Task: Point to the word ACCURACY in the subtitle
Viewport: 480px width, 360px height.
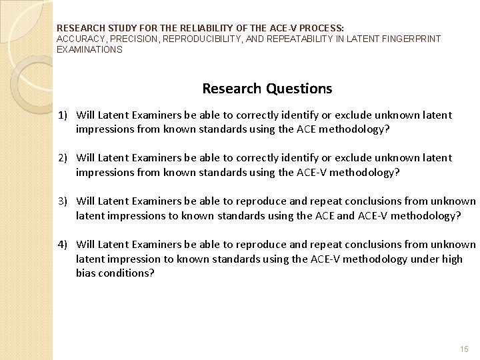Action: pos(80,39)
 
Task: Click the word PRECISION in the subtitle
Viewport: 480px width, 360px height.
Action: pos(135,39)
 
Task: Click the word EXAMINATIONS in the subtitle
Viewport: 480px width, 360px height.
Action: pos(90,49)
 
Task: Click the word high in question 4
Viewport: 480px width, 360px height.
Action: pos(451,259)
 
